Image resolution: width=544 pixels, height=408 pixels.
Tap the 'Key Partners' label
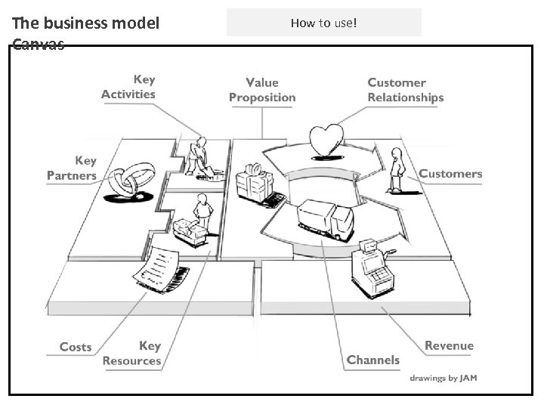[x=73, y=168]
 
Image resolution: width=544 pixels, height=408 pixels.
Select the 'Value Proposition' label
[x=262, y=90]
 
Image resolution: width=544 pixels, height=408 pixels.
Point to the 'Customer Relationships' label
[x=405, y=90]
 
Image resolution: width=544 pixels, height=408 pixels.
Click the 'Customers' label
[x=450, y=174]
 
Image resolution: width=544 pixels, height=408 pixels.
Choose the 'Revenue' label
[x=449, y=345]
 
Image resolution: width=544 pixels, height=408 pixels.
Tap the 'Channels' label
[x=372, y=360]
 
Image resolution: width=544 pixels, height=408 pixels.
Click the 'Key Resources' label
[x=132, y=353]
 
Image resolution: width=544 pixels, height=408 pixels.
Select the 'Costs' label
[x=76, y=347]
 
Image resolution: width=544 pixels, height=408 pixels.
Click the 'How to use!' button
[x=324, y=23]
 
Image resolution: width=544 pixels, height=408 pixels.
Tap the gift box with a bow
[x=252, y=181]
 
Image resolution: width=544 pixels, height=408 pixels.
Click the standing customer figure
[x=395, y=171]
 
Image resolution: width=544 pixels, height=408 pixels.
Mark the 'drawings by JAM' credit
[x=443, y=378]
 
